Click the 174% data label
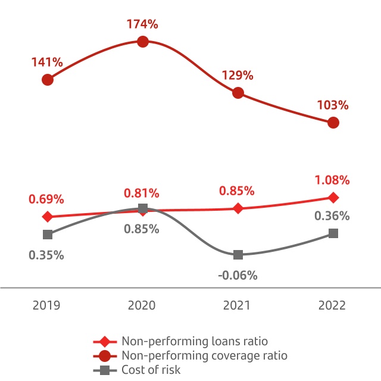click(x=142, y=24)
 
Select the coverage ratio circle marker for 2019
click(x=48, y=79)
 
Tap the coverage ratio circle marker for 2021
click(x=238, y=93)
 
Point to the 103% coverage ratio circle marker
click(x=333, y=123)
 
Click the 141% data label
click(x=47, y=62)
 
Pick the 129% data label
click(x=238, y=76)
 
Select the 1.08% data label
click(x=332, y=180)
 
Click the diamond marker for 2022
click(x=333, y=198)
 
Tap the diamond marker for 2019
click(x=48, y=217)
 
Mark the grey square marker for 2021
click(x=238, y=255)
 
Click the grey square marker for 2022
click(x=333, y=233)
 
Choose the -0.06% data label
click(x=238, y=275)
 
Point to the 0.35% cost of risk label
click(x=46, y=255)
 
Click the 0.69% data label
click(x=46, y=199)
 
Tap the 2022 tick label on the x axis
click(x=332, y=305)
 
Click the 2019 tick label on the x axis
click(x=46, y=305)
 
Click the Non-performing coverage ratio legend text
click(x=204, y=355)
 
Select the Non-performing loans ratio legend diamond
click(x=105, y=342)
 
